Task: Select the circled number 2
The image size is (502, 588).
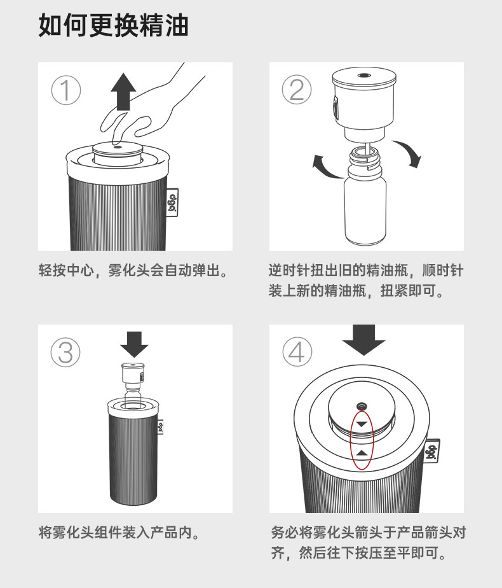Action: point(296,91)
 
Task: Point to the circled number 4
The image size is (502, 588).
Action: point(296,352)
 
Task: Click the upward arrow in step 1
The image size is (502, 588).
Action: point(123,90)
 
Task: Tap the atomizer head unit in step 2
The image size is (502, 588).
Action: point(364,105)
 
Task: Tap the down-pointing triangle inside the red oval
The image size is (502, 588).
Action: point(362,424)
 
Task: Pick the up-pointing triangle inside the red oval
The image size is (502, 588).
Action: point(362,452)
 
